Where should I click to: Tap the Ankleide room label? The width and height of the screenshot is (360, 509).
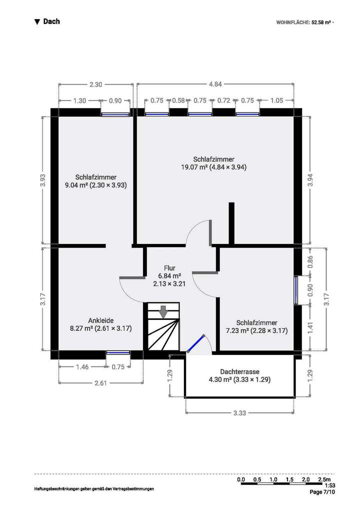tap(100, 320)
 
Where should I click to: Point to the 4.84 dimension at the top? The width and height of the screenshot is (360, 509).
tap(215, 84)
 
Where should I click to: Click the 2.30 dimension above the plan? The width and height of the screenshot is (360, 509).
tap(95, 84)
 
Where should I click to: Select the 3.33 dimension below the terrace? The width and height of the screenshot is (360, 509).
tap(240, 413)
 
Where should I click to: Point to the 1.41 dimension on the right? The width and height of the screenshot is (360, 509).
tap(310, 328)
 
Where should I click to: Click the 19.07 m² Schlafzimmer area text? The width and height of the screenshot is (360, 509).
tap(214, 167)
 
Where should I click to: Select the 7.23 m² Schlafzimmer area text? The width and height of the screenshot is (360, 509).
tap(257, 330)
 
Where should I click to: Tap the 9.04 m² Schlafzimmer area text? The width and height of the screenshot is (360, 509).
tap(96, 184)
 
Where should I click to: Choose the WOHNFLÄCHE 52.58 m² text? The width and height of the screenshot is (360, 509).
tap(304, 22)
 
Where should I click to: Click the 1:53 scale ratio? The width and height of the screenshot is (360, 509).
tap(329, 485)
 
